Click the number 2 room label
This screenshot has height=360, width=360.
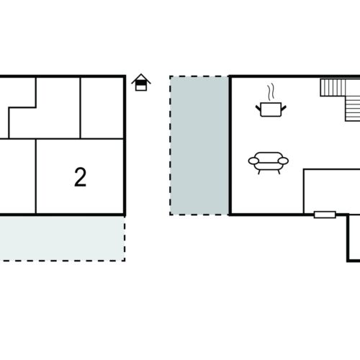pos(80,177)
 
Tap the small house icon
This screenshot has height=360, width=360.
pos(141,82)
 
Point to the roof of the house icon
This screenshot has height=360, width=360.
pos(141,78)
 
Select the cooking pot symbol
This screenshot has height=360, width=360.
pos(271,109)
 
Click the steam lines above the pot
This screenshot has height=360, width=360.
pos(271,92)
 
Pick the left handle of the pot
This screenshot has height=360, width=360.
pos(258,108)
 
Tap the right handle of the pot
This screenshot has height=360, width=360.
pos(284,108)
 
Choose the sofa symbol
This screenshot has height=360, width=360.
pos(269,163)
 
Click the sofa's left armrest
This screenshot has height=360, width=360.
pos(253,161)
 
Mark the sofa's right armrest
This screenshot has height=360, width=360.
pos(283,161)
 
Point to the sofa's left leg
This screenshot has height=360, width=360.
pos(259,172)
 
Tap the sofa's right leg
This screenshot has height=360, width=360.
pos(279,172)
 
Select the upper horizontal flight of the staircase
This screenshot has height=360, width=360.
pos(340,88)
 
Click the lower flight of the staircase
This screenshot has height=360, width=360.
pos(353,109)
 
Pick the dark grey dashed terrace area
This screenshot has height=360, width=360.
pos(199,145)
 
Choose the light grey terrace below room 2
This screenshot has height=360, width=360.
pos(62,238)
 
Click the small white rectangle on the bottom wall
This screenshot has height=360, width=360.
pos(325,215)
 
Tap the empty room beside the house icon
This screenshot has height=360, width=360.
pos(102,108)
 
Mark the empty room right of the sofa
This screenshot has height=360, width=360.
pos(332,191)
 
